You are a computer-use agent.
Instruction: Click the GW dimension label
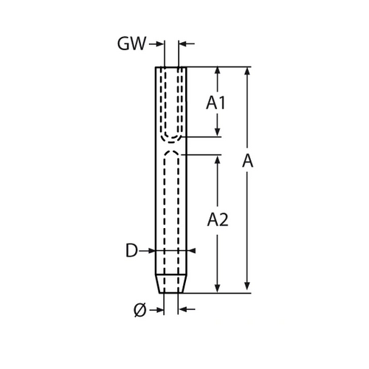(131, 44)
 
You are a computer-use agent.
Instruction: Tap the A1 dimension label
(215, 103)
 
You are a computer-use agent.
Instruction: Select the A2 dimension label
(218, 220)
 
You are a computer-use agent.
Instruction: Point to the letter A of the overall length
(247, 161)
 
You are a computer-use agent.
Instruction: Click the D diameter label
(131, 250)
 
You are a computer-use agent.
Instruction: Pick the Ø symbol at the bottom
(140, 310)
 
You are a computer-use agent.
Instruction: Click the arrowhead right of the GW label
(160, 44)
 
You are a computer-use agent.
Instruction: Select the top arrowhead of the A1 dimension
(217, 71)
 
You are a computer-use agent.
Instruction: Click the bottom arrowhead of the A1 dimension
(217, 132)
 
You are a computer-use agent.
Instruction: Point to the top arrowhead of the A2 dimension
(217, 159)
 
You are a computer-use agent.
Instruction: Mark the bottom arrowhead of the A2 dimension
(217, 289)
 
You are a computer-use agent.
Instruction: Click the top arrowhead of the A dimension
(247, 71)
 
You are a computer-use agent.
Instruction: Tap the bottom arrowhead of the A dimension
(247, 289)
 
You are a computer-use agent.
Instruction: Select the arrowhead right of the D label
(151, 251)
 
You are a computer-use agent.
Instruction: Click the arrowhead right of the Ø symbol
(160, 309)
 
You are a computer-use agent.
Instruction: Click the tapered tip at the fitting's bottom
(171, 283)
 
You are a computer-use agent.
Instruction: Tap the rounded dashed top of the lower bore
(171, 151)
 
